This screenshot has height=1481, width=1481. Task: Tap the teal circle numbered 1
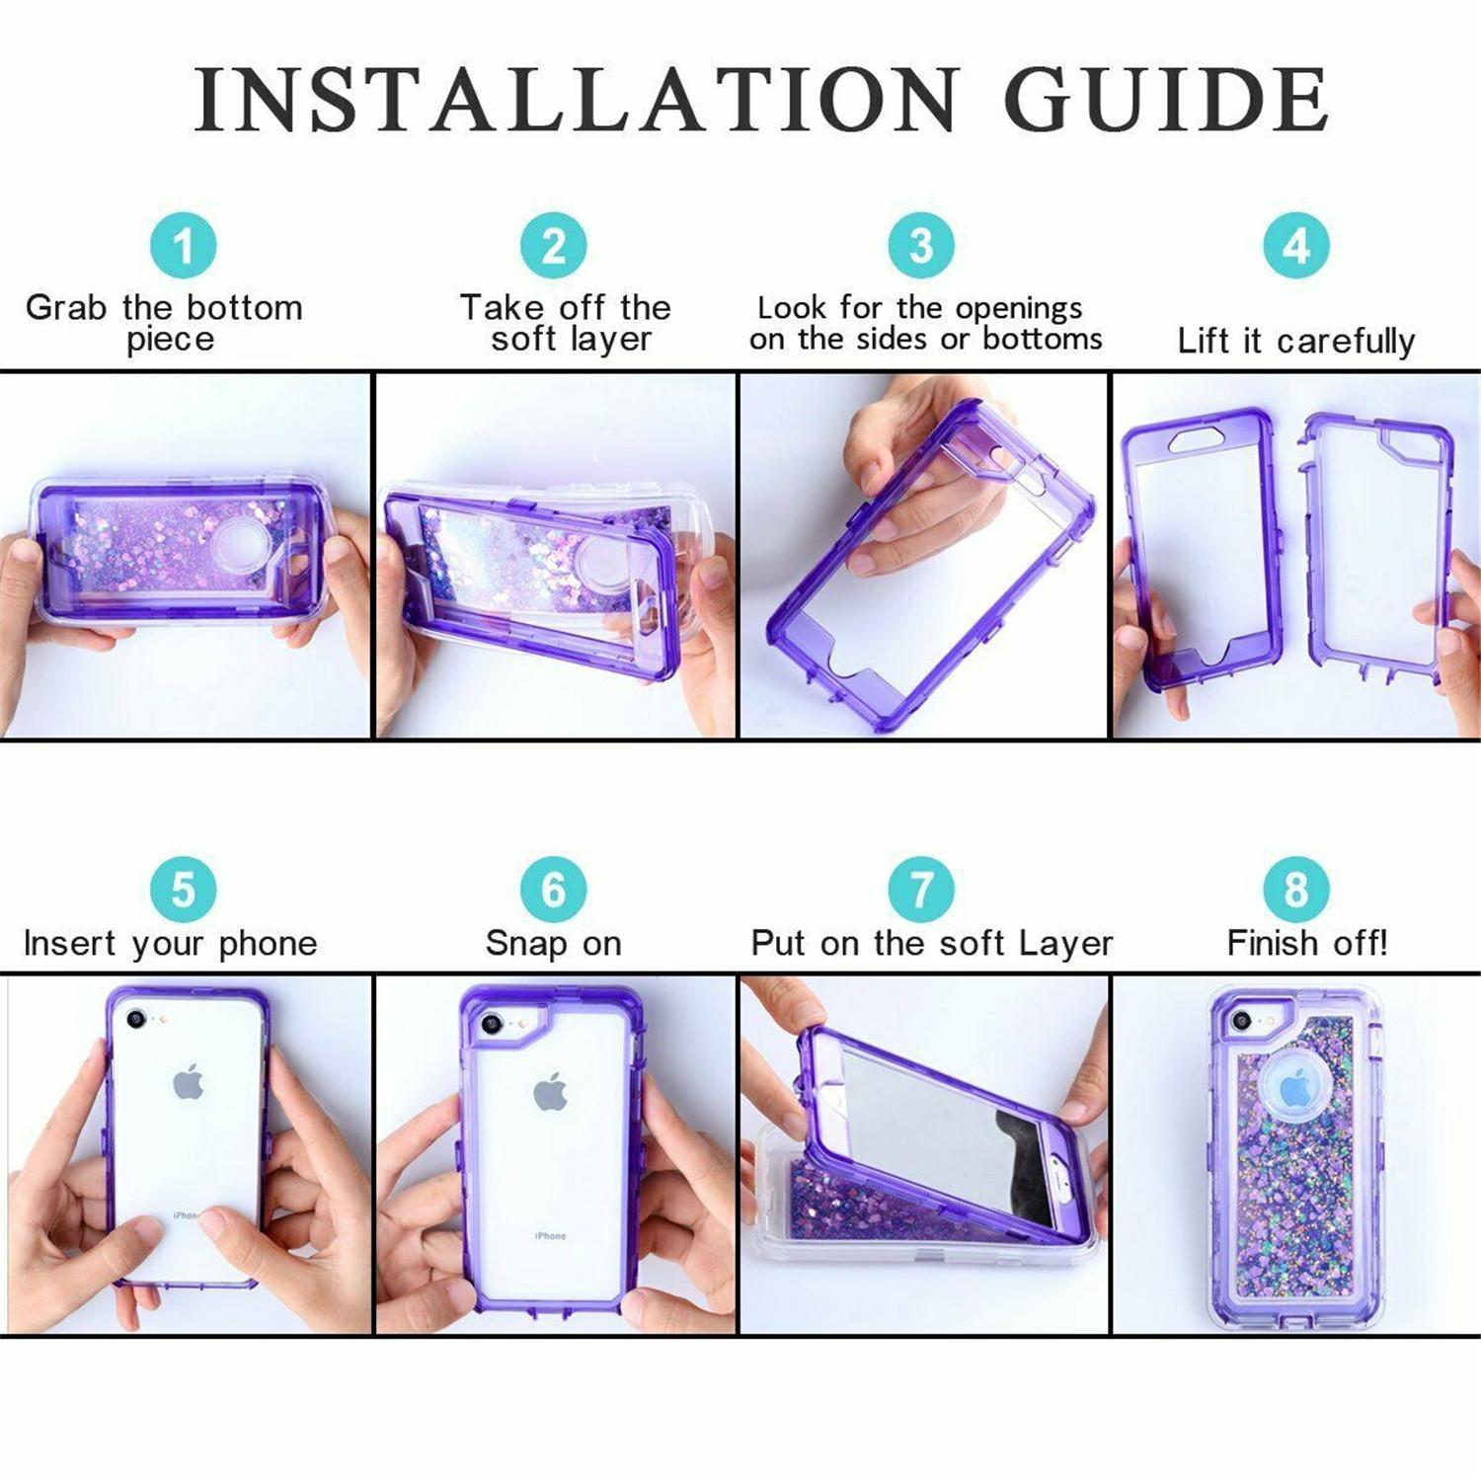[183, 246]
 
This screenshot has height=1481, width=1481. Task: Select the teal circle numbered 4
[1295, 246]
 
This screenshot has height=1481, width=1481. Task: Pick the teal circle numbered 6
[553, 890]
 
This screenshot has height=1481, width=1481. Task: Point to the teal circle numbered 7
[920, 890]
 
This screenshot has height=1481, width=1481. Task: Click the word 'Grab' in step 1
[65, 308]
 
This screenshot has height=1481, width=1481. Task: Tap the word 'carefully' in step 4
[1345, 342]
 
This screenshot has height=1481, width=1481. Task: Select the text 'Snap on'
[553, 944]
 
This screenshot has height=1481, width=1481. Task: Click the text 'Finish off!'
[1306, 944]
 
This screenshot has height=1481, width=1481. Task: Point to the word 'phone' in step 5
[268, 945]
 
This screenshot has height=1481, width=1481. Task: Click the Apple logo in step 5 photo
[188, 1084]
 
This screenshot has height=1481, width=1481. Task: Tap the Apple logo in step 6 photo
[550, 1092]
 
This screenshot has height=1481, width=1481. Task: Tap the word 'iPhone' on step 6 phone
[550, 1236]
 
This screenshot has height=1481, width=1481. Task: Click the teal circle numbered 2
[553, 246]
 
